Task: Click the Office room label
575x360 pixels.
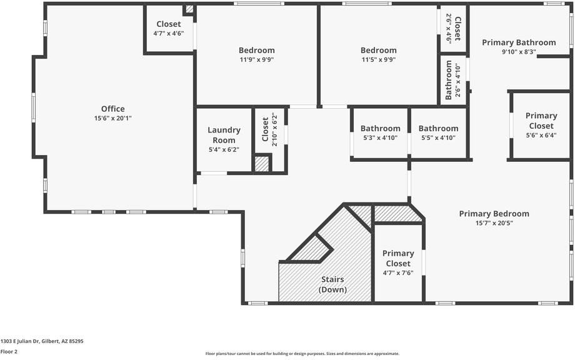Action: pyautogui.click(x=113, y=109)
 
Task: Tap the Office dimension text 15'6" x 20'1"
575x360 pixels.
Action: pyautogui.click(x=113, y=118)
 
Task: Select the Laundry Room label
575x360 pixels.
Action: pyautogui.click(x=224, y=135)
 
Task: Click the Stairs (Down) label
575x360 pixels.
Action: pyautogui.click(x=332, y=284)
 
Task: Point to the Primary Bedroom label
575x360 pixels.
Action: pyautogui.click(x=494, y=214)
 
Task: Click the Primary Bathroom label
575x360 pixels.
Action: pyautogui.click(x=519, y=42)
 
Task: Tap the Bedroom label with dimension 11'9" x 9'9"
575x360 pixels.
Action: pyautogui.click(x=256, y=50)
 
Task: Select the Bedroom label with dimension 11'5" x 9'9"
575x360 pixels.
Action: pyautogui.click(x=378, y=50)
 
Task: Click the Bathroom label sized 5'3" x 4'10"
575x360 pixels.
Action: pyautogui.click(x=380, y=128)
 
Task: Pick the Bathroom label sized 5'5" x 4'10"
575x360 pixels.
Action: pyautogui.click(x=438, y=128)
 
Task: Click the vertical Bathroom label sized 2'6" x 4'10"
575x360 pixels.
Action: pyautogui.click(x=448, y=81)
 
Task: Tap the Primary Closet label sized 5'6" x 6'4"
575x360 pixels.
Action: pyautogui.click(x=541, y=121)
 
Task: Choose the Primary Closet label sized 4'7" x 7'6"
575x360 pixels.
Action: pyautogui.click(x=398, y=258)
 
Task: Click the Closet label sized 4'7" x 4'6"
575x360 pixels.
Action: pyautogui.click(x=169, y=24)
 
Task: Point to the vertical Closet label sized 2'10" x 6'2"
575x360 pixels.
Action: pyautogui.click(x=265, y=129)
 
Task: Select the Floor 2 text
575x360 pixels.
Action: pyautogui.click(x=9, y=351)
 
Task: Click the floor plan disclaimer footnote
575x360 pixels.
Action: pyautogui.click(x=302, y=354)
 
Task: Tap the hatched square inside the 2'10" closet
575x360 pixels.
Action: pyautogui.click(x=262, y=164)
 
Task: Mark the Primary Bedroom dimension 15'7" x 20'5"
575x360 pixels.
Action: pyautogui.click(x=494, y=223)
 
